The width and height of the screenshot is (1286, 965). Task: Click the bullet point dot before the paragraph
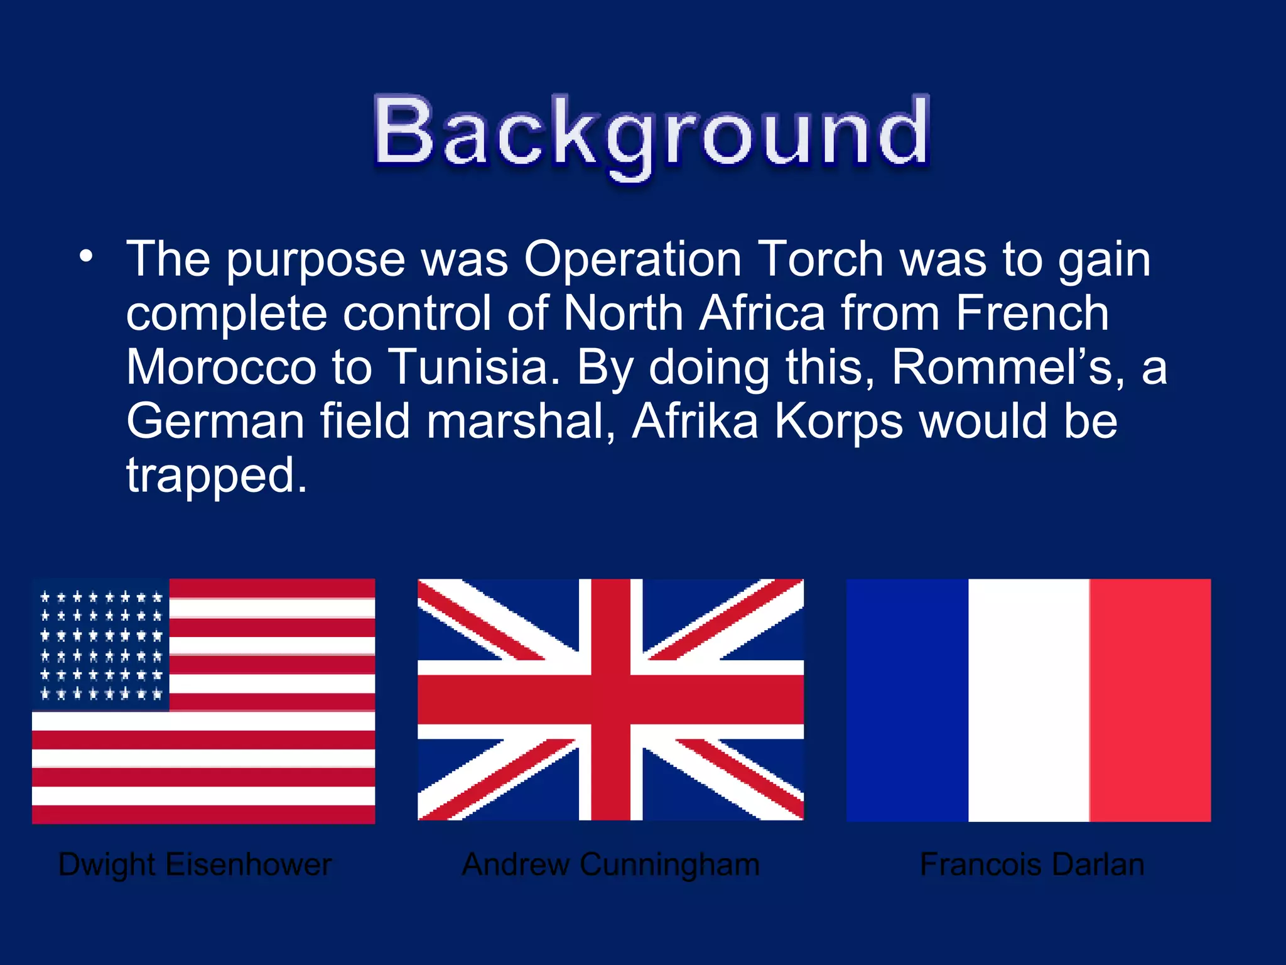86,256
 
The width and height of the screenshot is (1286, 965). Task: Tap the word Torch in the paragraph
821,259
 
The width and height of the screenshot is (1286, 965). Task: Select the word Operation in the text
633,260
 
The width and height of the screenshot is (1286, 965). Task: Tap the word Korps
839,422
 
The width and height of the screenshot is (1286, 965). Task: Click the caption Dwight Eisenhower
195,864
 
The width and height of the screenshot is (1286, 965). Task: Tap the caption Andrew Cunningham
610,864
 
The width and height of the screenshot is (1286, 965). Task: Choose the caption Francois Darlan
1032,864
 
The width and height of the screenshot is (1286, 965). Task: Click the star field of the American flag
101,645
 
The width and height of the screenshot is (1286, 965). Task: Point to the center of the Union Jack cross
610,699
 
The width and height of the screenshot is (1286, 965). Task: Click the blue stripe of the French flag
907,700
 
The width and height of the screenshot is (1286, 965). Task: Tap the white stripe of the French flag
1029,700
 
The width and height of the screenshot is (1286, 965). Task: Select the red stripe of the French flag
1150,700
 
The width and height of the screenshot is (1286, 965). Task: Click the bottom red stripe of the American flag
203,814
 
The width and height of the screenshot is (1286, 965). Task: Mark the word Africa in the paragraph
762,313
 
